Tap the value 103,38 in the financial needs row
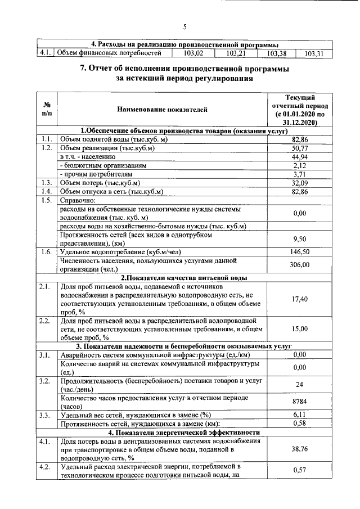[277, 54]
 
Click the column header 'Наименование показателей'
[163, 110]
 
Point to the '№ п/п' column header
[47, 110]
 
